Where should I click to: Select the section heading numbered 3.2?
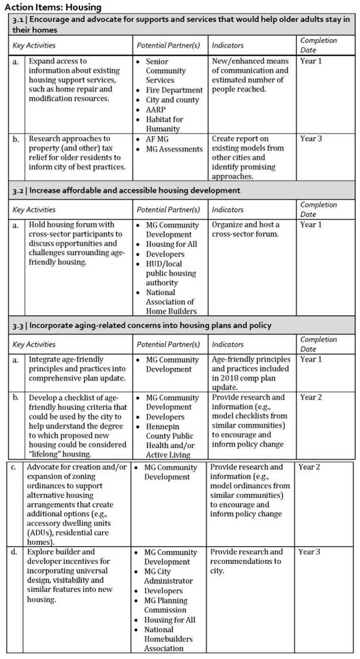click(127, 191)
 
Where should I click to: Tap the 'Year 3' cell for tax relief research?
click(311, 139)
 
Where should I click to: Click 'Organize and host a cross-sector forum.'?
click(245, 229)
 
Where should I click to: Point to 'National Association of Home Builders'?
click(171, 302)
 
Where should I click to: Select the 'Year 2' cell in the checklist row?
click(311, 397)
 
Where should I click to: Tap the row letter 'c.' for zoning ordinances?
click(13, 467)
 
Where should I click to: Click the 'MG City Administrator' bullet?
click(168, 576)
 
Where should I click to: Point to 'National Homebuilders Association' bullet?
click(170, 639)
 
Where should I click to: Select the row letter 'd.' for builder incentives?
click(13, 552)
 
